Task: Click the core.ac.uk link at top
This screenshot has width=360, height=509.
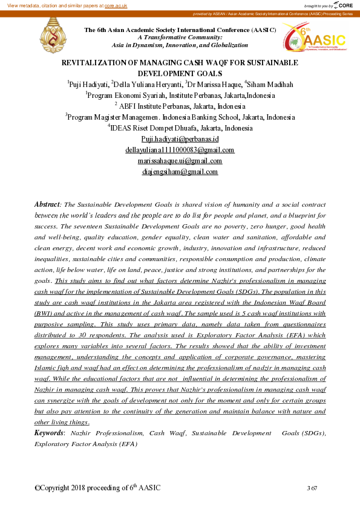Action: tap(115, 5)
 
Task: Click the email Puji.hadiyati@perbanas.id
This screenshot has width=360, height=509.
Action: tap(179, 139)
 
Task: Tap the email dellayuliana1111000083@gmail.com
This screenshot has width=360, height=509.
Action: tap(180, 150)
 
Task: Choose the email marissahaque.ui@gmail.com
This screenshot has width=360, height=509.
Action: tap(180, 161)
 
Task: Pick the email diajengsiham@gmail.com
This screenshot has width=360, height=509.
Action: tap(179, 172)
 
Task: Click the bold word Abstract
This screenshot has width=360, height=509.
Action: tap(48, 205)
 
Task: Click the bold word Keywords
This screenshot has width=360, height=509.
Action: tap(49, 433)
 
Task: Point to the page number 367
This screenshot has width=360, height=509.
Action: tap(312, 488)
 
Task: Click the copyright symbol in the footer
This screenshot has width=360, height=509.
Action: tap(38, 488)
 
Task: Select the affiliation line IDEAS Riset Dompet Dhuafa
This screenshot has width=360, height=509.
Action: tap(181, 128)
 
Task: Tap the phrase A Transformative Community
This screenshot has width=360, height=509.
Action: tap(180, 37)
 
